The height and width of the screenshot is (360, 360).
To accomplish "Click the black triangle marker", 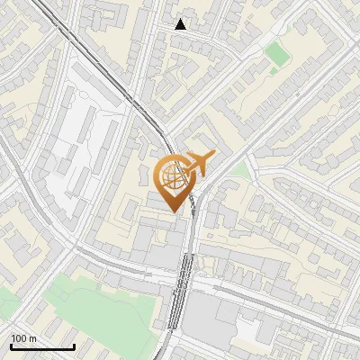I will coord(181,24).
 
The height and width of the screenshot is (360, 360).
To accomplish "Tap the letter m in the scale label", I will coord(33,338).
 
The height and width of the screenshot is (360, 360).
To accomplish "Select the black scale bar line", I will coord(42,346).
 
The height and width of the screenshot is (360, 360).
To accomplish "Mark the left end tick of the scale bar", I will coord(11,346).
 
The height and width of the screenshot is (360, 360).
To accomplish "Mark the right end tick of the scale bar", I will coord(74,346).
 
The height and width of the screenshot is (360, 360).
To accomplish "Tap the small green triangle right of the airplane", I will coord(239,170).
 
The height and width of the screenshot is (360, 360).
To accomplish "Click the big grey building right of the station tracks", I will coord(216,319).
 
